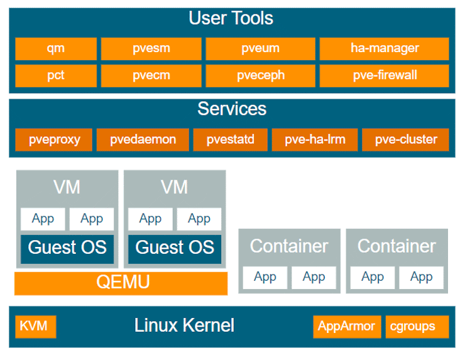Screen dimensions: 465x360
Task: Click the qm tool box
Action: pos(56,48)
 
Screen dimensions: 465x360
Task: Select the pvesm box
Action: pos(151,48)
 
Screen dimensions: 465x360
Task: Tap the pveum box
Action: pos(260,48)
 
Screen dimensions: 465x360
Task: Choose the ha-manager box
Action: pos(385,48)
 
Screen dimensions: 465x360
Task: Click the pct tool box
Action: pos(56,76)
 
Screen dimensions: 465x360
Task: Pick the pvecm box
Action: pos(151,76)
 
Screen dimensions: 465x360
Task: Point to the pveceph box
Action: pos(260,76)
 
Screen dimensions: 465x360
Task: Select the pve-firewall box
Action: pos(385,76)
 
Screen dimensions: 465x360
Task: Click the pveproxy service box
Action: pos(53,139)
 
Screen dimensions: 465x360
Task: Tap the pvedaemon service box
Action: pos(143,139)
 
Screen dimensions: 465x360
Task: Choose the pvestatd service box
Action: pos(231,139)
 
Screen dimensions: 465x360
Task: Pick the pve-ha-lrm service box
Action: pos(315,139)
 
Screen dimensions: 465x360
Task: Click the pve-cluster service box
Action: pos(405,139)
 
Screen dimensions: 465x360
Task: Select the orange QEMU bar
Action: pos(121,283)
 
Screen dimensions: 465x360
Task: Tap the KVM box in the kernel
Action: pos(36,327)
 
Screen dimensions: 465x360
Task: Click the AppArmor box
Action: pos(347,327)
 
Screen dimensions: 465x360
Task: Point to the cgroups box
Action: pos(417,327)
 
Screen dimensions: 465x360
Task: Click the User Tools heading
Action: pos(231,18)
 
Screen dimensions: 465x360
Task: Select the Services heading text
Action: pos(232,109)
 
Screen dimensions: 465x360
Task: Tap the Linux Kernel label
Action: pos(184,325)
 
